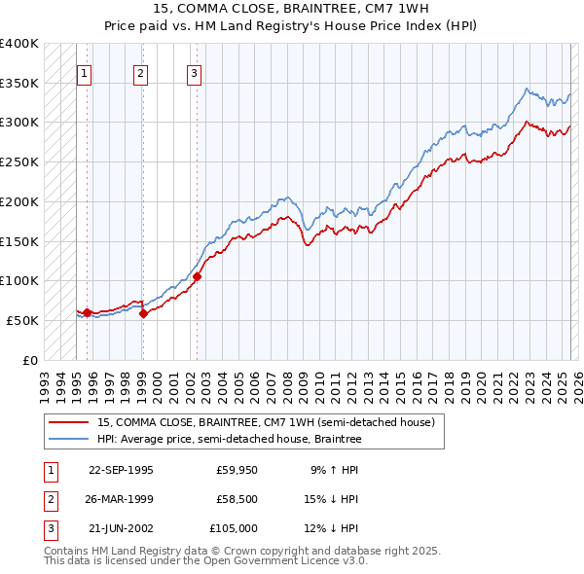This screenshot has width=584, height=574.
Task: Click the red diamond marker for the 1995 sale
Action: click(88, 312)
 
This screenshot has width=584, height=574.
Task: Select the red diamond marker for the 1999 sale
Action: click(143, 313)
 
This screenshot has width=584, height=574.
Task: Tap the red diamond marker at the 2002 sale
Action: click(197, 276)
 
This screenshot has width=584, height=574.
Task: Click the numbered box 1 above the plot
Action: click(84, 72)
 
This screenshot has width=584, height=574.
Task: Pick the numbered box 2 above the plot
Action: click(140, 72)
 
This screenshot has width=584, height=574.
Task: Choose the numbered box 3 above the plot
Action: click(194, 72)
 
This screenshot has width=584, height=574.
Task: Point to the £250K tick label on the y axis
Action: click(18, 161)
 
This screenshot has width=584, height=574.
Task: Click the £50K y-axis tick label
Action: click(22, 320)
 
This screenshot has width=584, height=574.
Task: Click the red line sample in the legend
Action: click(68, 421)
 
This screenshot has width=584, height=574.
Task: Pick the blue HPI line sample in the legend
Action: click(68, 440)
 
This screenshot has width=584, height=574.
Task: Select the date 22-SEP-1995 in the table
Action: click(121, 470)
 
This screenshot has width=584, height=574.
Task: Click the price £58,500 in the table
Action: click(237, 499)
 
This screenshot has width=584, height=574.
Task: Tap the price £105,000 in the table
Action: click(234, 529)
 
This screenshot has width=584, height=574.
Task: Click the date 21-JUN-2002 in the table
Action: click(121, 529)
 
